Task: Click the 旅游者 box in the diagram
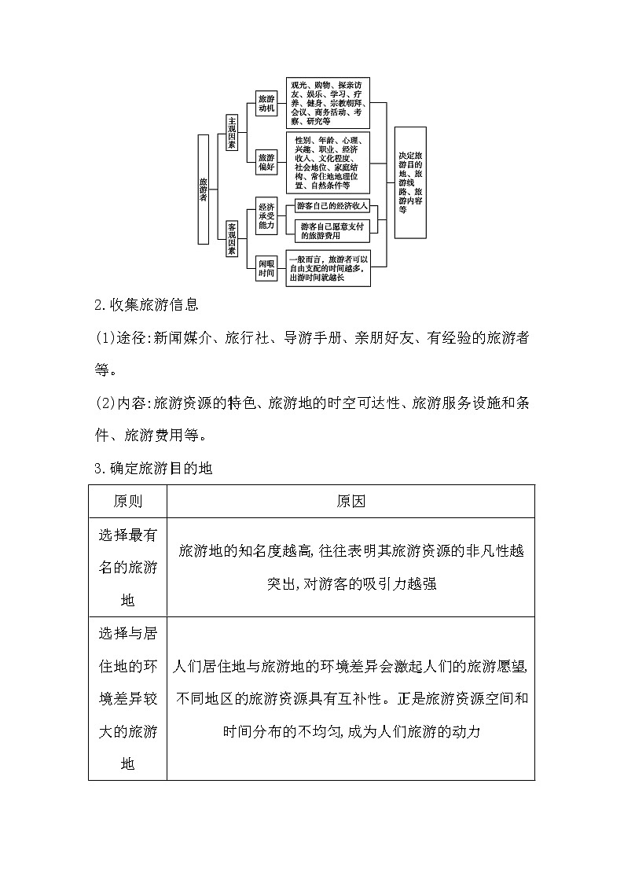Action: point(204,189)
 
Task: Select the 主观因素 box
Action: point(231,133)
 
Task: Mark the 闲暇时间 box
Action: point(266,270)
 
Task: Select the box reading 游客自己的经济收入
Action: point(332,206)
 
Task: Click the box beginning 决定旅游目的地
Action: point(409,182)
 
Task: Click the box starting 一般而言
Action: point(328,268)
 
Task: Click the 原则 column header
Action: point(128,501)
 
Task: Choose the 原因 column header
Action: point(351,501)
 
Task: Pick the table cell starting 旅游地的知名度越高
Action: point(351,567)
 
